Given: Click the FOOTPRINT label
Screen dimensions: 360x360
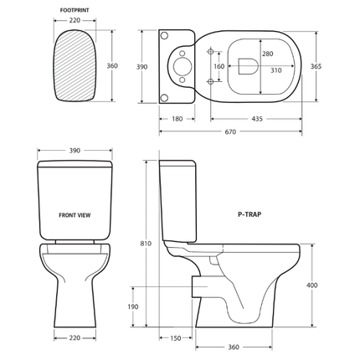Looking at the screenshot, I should click(x=75, y=11).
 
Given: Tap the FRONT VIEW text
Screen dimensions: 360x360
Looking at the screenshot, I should click(x=75, y=214).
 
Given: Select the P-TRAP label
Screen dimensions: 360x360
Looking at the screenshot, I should click(x=249, y=214).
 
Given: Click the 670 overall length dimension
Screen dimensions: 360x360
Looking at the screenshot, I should click(x=229, y=131).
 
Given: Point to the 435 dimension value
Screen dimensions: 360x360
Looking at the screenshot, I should click(x=257, y=119).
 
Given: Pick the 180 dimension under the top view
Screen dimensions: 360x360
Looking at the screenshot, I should click(x=176, y=119).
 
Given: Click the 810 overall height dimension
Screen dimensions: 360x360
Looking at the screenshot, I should click(x=147, y=244).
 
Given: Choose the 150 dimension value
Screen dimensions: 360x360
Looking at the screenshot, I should click(x=176, y=337).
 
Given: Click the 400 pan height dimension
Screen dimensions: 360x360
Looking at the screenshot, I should click(x=311, y=285).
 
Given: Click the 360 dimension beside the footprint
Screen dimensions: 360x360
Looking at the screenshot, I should click(x=113, y=65).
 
